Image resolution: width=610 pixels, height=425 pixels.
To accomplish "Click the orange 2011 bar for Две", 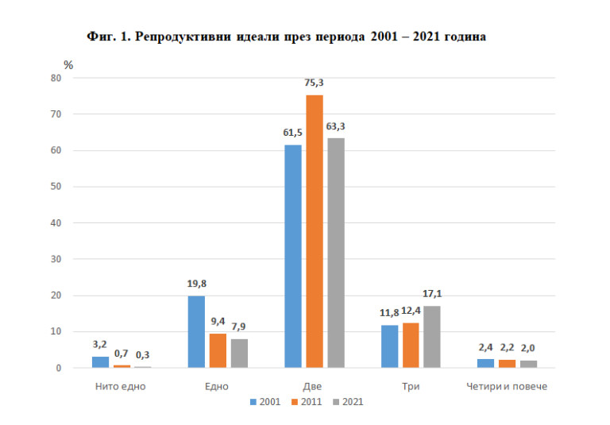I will point(315,231).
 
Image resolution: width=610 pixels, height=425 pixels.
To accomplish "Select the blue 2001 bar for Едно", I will point(196,331).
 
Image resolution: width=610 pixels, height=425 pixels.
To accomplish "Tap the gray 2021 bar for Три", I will point(431,337).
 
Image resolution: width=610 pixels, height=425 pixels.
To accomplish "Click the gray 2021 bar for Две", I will point(336,253).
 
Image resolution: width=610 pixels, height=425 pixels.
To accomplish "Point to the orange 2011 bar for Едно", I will point(218,350).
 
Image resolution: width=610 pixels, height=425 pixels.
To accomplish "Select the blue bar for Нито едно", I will point(100,362).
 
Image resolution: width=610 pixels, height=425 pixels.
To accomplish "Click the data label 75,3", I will point(315,83).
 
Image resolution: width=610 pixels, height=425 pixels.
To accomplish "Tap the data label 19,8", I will point(196,284).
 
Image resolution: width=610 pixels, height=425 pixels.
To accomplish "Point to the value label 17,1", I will point(431,294).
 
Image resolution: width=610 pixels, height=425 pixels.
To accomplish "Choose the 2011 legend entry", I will point(306,401).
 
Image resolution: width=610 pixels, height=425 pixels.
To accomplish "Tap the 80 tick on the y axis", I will point(56,78).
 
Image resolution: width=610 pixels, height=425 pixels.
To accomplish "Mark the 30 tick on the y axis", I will point(56,259).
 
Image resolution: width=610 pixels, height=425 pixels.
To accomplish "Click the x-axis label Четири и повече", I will point(506,387).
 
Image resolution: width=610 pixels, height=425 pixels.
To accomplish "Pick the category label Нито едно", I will point(122,387).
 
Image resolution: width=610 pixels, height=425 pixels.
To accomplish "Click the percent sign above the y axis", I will point(68,64).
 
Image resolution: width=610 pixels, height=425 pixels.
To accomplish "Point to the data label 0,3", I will point(143,354).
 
